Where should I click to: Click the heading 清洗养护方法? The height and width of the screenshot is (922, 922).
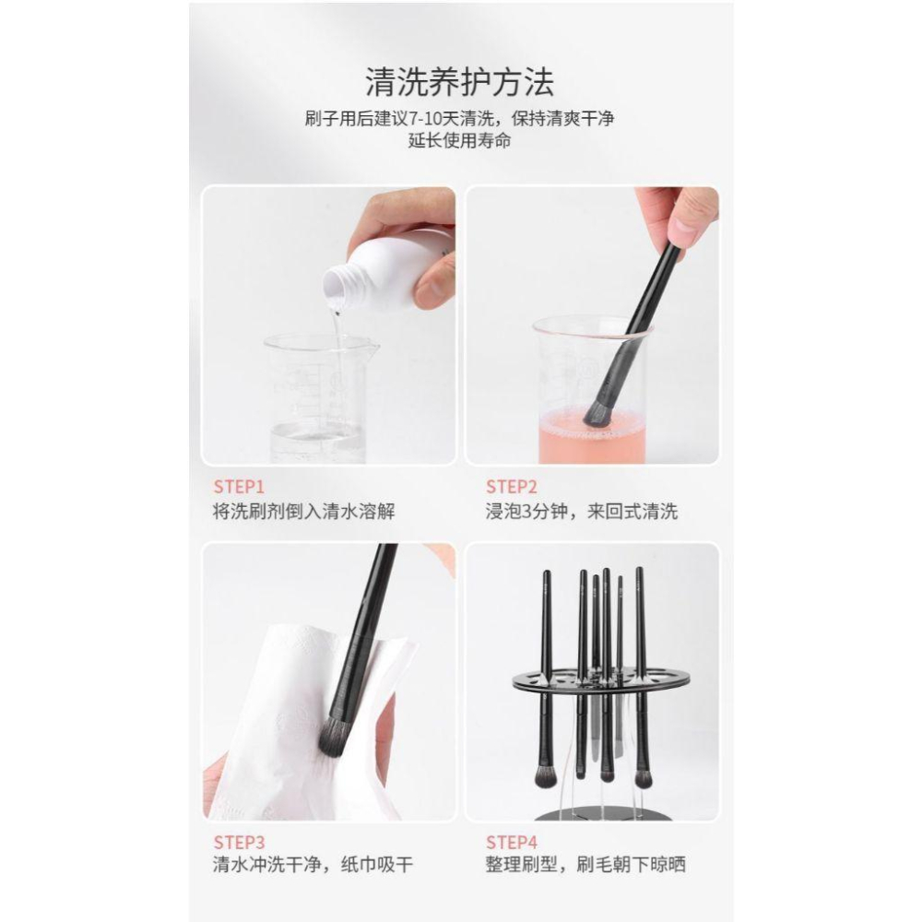[x=460, y=82]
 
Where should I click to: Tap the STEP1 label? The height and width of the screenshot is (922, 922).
[x=239, y=486]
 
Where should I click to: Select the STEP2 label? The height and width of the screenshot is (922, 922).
[x=513, y=486]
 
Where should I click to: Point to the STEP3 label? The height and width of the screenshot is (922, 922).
[x=239, y=841]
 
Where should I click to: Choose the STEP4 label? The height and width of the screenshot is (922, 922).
[x=513, y=841]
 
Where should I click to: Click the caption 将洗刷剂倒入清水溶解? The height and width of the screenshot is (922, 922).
[x=303, y=511]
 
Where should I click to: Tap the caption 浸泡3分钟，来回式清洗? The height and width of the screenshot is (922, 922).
[x=581, y=511]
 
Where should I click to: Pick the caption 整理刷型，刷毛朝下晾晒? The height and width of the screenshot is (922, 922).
[x=585, y=865]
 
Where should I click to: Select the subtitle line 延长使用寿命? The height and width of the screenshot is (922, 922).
[x=460, y=141]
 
